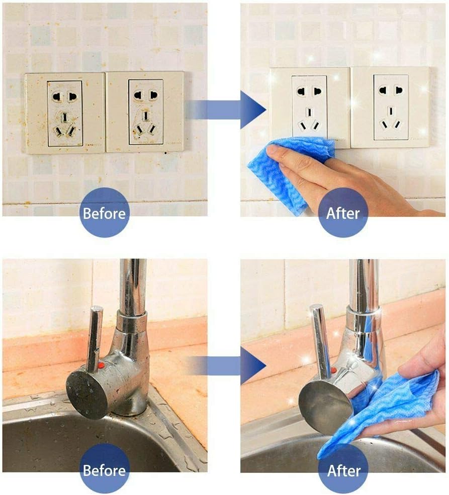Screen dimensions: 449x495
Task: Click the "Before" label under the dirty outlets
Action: click(x=104, y=213)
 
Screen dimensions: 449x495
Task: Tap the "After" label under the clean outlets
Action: click(x=343, y=213)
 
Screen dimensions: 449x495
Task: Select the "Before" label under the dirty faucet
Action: click(x=104, y=471)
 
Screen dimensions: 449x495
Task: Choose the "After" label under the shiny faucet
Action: click(x=344, y=471)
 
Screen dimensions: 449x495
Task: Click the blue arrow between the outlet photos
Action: click(x=226, y=109)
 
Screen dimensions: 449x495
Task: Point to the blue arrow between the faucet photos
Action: click(x=226, y=365)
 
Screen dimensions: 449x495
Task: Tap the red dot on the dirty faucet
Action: click(x=101, y=366)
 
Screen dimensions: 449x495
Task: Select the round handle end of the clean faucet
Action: click(x=326, y=407)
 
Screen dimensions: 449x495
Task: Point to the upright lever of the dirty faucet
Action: click(x=94, y=338)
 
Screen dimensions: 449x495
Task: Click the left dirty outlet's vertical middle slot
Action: click(x=65, y=117)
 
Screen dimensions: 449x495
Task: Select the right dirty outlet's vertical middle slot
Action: click(x=146, y=116)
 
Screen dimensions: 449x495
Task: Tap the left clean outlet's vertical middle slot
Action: click(x=310, y=112)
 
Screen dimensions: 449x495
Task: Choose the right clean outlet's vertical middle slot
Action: click(x=391, y=111)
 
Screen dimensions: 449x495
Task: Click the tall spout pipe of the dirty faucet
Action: click(x=133, y=287)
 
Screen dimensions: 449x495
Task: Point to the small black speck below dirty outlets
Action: click(x=166, y=153)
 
